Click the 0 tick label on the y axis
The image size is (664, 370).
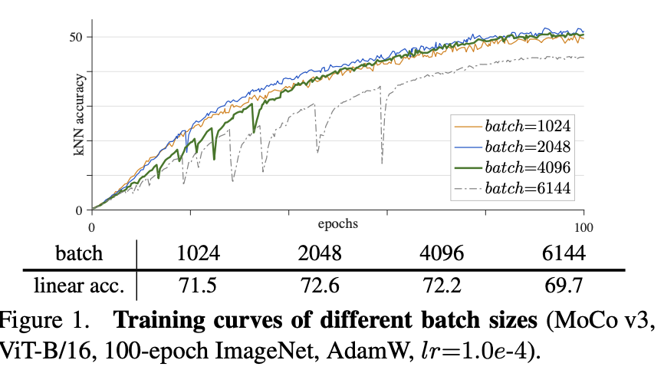coord(79,210)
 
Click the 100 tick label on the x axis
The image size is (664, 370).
coord(584,227)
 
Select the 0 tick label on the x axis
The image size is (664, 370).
coord(91,227)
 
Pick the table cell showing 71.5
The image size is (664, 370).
coord(197,286)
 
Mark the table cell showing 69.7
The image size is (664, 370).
coord(565,286)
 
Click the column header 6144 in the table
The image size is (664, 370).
coord(565,254)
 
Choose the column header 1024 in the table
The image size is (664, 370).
coord(197,254)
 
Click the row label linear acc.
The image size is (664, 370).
coord(80,286)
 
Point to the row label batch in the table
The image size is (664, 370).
coord(80,254)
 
